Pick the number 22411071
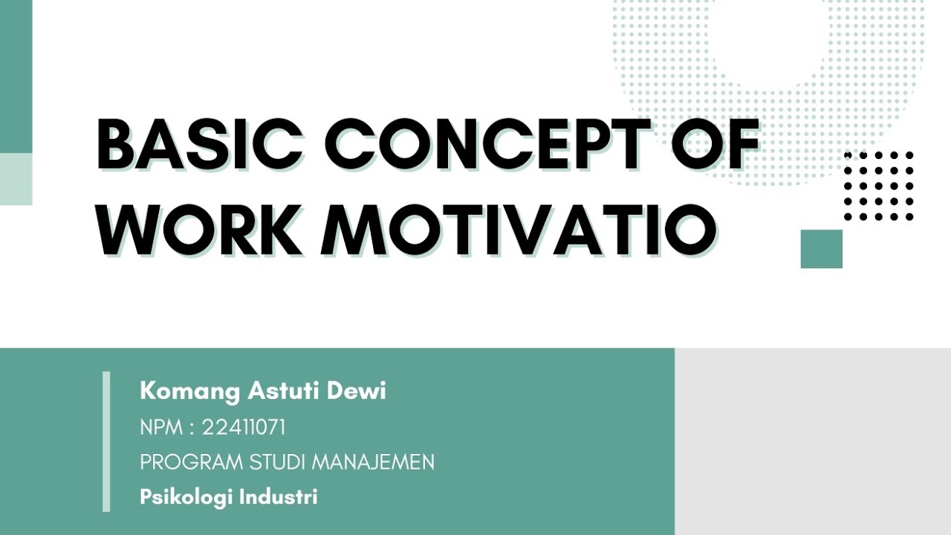tap(244, 427)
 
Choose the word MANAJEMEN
tap(373, 462)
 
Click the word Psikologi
tap(186, 497)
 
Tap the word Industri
tap(279, 496)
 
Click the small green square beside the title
tap(821, 248)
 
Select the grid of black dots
tap(879, 186)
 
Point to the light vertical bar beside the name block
tap(106, 441)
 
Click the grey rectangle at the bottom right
tap(813, 441)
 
